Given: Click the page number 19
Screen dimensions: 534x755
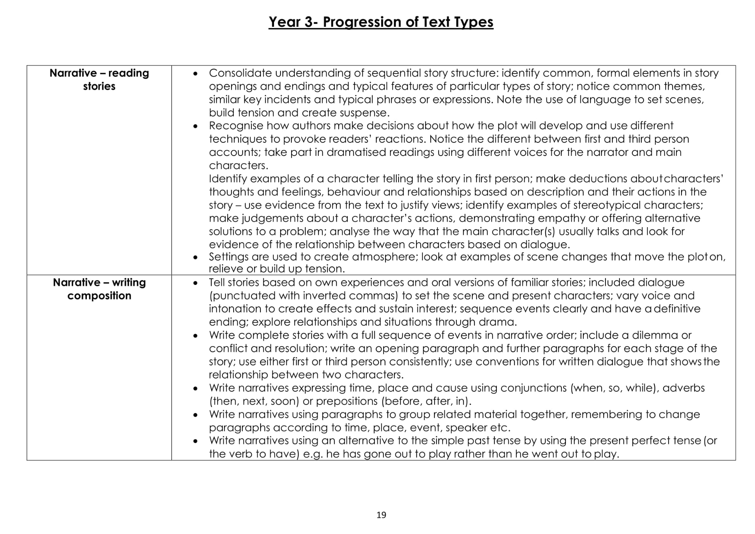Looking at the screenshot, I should point(381,515).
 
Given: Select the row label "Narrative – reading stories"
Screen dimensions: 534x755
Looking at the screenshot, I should point(99,80).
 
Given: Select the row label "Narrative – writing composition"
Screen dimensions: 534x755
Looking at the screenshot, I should point(99,289).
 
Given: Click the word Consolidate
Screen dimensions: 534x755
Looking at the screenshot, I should point(240,73).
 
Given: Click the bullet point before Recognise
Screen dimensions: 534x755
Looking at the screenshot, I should point(195,126).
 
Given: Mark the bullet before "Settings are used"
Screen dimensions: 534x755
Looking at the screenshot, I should point(195,257).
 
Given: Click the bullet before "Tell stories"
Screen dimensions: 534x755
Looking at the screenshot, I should point(195,283).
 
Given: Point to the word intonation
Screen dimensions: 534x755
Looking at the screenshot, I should point(235,309).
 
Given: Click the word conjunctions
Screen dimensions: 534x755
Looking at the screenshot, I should point(533,388).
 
